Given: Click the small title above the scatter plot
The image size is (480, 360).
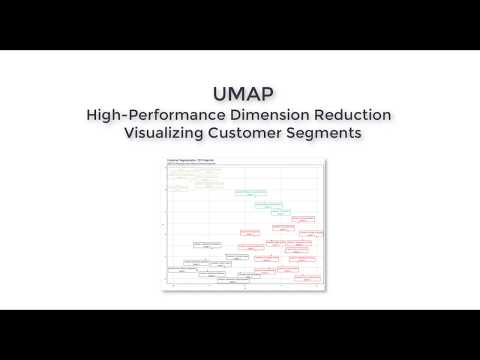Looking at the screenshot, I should tap(184, 160).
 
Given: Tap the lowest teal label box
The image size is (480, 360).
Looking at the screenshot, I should tap(282, 213).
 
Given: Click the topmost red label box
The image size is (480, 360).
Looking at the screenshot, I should tap(305, 218).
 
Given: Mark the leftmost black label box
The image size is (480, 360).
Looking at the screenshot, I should tap(180, 270).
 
